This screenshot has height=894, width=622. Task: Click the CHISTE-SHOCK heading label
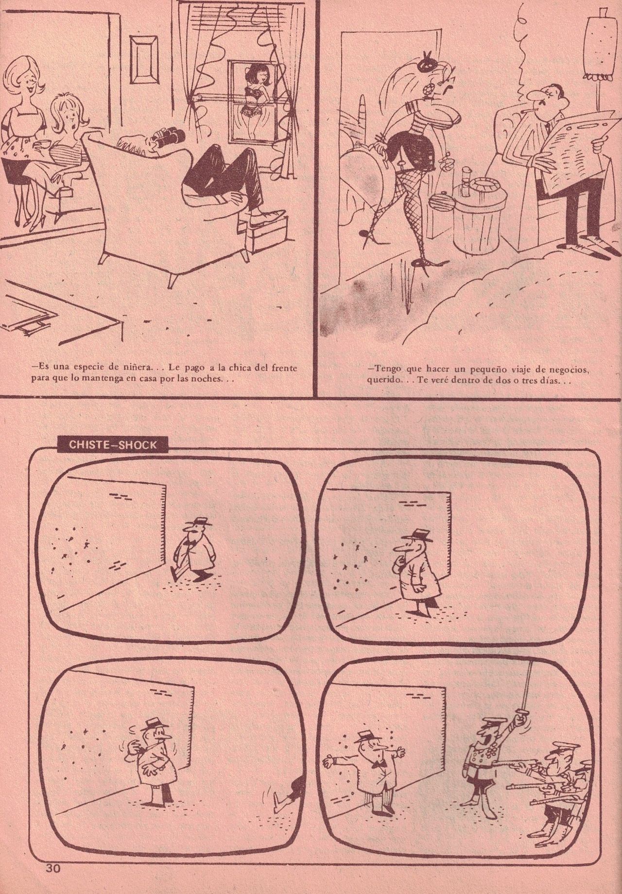[112, 445]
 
